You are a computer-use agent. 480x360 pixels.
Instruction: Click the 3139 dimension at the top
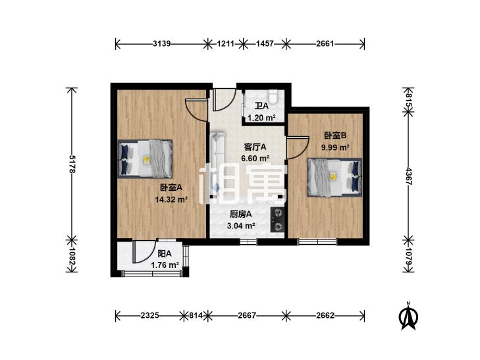click(x=161, y=43)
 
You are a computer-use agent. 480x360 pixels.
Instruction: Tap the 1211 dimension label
click(x=226, y=43)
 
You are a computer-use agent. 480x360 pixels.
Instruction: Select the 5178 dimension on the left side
click(x=72, y=165)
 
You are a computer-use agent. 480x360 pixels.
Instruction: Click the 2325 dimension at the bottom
click(x=149, y=315)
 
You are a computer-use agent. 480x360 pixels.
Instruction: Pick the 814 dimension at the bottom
click(x=196, y=315)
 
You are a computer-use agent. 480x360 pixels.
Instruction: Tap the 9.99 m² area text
click(x=335, y=147)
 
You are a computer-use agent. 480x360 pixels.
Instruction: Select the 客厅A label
click(x=255, y=147)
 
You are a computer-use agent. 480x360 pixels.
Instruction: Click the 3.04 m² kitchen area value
click(x=241, y=226)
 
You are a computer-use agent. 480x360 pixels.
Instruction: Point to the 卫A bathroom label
click(x=262, y=106)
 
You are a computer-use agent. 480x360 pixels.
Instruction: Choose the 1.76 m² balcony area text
click(x=165, y=265)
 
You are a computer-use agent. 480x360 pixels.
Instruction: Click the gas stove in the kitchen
click(x=277, y=219)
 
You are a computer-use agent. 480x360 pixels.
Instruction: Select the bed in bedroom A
click(x=145, y=159)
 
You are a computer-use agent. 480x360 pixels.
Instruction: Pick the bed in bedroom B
click(x=335, y=177)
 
